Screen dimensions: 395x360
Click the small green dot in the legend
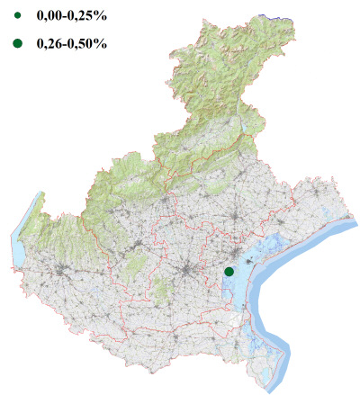(x=17, y=15)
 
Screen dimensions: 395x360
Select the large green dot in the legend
(x=17, y=42)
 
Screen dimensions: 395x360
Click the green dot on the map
(x=229, y=271)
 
